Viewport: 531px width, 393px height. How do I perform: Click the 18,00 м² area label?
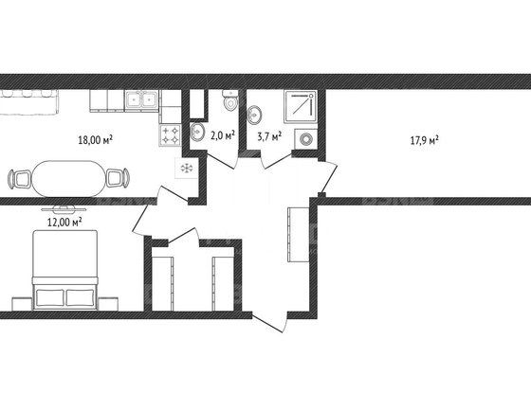click(95, 139)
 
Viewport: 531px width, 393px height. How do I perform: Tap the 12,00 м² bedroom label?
click(64, 222)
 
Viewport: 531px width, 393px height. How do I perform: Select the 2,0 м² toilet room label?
click(223, 136)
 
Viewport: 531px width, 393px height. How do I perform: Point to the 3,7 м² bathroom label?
click(269, 136)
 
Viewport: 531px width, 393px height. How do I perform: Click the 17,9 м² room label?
click(425, 140)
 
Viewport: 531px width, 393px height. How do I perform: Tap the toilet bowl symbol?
click(230, 99)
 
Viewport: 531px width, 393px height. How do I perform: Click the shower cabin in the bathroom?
click(301, 106)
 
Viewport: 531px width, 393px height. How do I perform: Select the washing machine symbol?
click(306, 139)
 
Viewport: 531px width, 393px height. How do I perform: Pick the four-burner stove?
click(170, 134)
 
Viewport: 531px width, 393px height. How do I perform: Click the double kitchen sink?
click(141, 99)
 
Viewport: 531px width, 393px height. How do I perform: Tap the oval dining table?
click(68, 179)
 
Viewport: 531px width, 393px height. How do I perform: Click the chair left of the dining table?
click(20, 179)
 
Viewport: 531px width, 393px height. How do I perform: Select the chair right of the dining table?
click(118, 178)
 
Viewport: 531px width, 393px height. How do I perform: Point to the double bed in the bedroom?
click(64, 270)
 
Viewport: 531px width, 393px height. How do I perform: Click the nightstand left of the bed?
click(22, 304)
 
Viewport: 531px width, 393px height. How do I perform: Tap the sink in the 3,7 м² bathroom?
click(254, 115)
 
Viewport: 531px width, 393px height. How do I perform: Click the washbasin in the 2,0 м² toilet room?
click(197, 132)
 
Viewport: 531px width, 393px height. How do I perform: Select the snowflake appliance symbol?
click(186, 169)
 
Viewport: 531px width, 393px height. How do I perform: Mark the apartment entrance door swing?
click(270, 322)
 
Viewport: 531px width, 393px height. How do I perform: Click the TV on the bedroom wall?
click(64, 207)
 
